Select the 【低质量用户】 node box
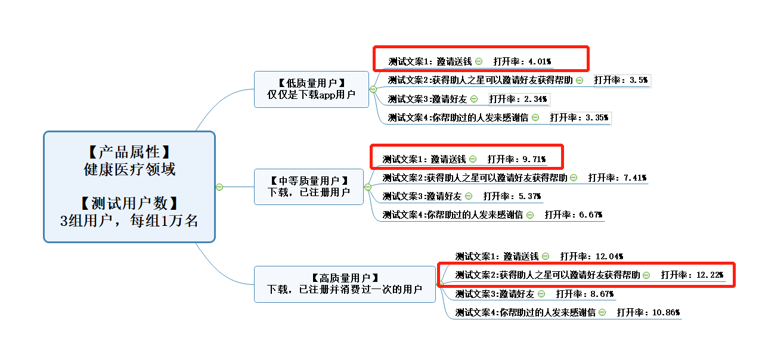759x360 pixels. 311,89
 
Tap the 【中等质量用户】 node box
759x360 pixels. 308,187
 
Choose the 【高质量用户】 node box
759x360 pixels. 345,284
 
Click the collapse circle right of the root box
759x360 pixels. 219,187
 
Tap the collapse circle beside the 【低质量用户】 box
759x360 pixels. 373,89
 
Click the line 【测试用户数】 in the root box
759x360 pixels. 129,203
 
